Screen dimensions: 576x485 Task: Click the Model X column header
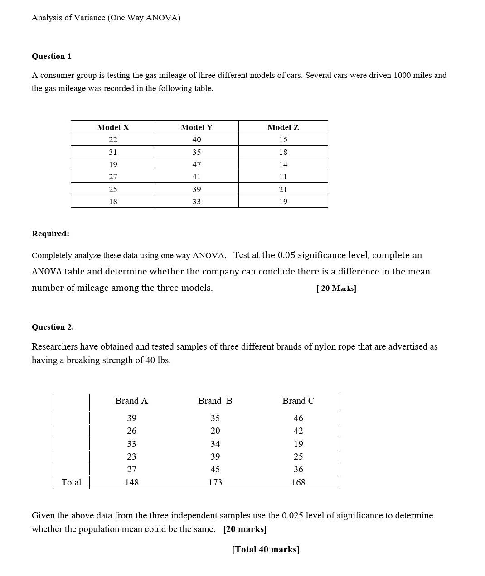coord(113,127)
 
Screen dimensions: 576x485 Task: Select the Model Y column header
coord(196,127)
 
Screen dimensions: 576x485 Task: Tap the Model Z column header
coord(283,127)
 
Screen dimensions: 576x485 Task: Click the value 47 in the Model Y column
coord(196,164)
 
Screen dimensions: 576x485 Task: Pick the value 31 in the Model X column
coord(113,152)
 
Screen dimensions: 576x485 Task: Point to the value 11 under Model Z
coord(283,177)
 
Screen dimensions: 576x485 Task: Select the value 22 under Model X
coord(113,139)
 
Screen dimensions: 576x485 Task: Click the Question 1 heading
coord(51,56)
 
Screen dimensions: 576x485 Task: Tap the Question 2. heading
coord(53,327)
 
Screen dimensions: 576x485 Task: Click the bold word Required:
coord(50,234)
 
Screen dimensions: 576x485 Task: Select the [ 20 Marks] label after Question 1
coord(336,288)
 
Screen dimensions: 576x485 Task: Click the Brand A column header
coord(131,401)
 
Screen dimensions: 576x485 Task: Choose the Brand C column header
coord(298,401)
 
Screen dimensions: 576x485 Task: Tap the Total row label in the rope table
coord(71,482)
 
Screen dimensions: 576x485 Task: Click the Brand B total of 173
coord(215,482)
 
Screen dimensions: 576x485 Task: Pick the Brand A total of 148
coord(131,482)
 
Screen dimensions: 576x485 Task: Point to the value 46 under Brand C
coord(298,418)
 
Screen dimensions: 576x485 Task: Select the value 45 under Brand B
coord(215,469)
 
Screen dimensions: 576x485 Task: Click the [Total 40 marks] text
coord(266,549)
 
